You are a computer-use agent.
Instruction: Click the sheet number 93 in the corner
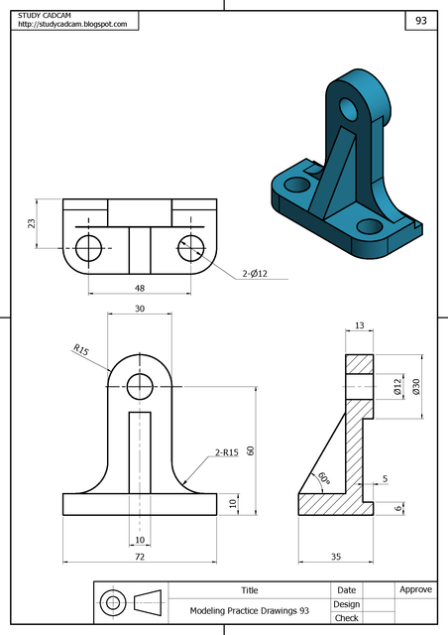click(420, 20)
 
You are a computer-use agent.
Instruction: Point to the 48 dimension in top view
click(138, 287)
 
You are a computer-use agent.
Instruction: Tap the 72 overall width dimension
click(139, 558)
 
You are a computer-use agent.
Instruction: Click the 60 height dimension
click(251, 449)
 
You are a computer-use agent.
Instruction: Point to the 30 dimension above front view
click(139, 310)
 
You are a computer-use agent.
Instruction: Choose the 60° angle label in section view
click(322, 477)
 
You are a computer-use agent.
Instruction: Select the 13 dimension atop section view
click(359, 325)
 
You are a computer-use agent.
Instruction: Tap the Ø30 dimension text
click(416, 385)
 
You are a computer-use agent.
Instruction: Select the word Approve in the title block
click(415, 589)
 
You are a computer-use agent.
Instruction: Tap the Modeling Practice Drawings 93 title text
click(250, 611)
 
